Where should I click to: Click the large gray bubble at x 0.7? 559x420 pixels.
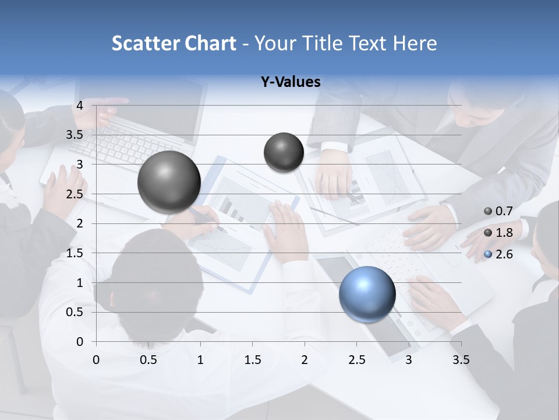click(169, 182)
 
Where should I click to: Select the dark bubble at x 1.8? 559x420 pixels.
click(284, 152)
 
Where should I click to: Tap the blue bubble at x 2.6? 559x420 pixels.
click(367, 295)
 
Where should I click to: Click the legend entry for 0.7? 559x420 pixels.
click(498, 211)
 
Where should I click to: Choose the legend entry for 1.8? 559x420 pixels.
click(498, 233)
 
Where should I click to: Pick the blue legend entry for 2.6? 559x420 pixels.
click(498, 254)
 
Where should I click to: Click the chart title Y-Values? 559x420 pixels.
click(291, 82)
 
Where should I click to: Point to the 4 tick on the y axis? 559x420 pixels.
click(80, 106)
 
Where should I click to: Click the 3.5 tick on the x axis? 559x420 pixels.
click(461, 360)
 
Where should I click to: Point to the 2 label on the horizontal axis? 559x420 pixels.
click(305, 360)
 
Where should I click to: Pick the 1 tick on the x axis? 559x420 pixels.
click(200, 360)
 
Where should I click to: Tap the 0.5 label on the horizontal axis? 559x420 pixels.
click(148, 360)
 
